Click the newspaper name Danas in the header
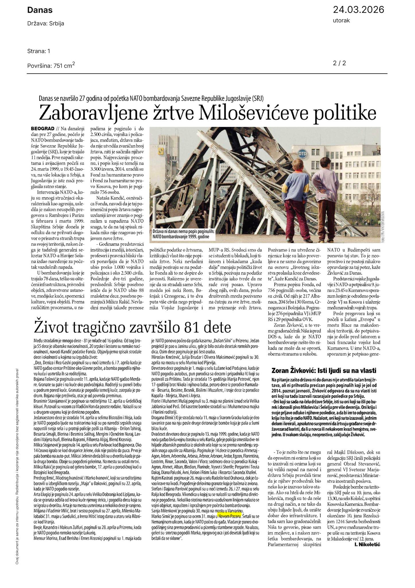click(x=40, y=10)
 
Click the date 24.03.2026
click(x=358, y=10)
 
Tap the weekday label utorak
click(x=341, y=20)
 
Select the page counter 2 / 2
click(x=340, y=63)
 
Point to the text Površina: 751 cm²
click(x=51, y=65)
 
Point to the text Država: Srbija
click(x=46, y=24)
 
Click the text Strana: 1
click(x=39, y=51)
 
